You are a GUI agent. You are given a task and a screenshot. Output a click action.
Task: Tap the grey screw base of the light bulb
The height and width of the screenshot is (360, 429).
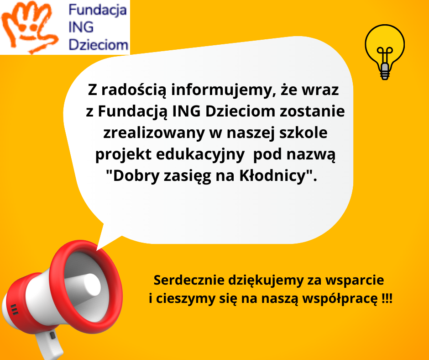(385, 71)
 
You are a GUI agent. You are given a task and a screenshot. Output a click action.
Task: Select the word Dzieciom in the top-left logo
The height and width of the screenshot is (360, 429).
(99, 45)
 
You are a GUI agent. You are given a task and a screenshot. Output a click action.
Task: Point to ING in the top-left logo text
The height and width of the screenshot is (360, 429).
(81, 27)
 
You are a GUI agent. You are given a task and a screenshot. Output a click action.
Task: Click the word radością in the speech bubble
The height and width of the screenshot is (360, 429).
(134, 90)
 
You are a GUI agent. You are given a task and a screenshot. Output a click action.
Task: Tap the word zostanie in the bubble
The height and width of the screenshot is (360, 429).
(312, 111)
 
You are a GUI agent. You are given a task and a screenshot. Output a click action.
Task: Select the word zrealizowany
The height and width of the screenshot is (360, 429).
(154, 133)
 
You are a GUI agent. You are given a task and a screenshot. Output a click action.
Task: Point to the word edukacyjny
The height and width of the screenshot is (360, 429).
(200, 155)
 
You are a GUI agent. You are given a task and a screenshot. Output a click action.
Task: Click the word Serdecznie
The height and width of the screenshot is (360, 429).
(189, 280)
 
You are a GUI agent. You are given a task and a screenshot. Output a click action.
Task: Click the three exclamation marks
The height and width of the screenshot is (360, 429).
(387, 298)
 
